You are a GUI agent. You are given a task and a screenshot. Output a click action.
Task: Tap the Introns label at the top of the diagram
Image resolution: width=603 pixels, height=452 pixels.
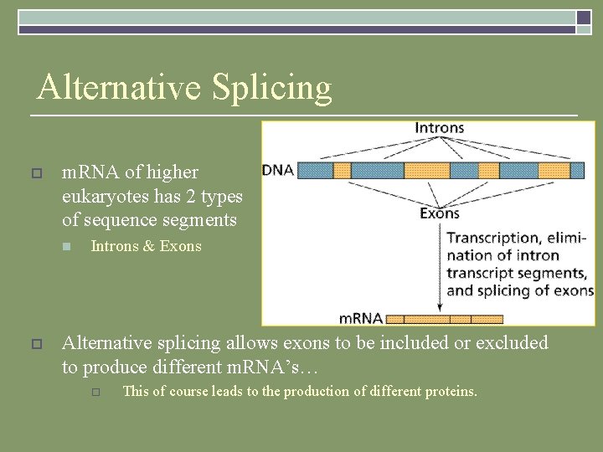[439, 128]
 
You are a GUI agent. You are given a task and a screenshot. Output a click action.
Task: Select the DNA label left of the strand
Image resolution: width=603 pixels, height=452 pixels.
[278, 170]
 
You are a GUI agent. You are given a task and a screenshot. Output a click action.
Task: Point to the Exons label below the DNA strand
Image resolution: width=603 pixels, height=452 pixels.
[439, 213]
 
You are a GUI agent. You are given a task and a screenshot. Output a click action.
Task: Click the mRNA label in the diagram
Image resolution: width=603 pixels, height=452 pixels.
[361, 318]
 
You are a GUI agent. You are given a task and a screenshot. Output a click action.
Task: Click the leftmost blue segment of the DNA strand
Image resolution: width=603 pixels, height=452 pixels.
[316, 171]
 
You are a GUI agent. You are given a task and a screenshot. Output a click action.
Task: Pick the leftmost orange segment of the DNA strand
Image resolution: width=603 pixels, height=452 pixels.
[342, 171]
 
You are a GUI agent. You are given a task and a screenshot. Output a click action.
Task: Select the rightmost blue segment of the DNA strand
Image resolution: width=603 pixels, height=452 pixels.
[577, 171]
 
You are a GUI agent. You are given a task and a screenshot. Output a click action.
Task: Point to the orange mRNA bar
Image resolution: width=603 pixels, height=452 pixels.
[444, 319]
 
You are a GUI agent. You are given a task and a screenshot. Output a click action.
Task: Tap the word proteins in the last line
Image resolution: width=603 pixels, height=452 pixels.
[451, 391]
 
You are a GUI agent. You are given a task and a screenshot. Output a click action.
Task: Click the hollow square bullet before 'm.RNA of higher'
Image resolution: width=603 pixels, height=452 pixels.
[35, 173]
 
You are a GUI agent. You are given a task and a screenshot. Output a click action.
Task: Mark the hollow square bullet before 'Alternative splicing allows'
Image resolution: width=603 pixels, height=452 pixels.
[35, 344]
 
